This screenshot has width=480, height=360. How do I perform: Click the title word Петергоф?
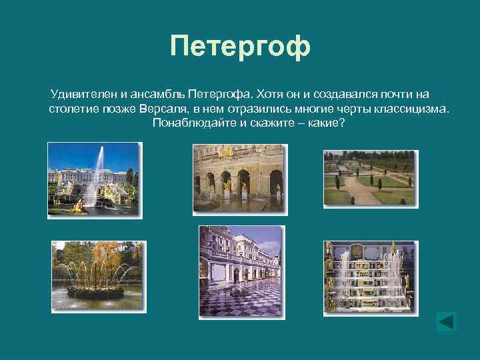click(240, 47)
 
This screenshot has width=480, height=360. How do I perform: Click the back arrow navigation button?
click(445, 321)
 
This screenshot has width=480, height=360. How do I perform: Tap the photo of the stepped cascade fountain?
click(369, 277)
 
